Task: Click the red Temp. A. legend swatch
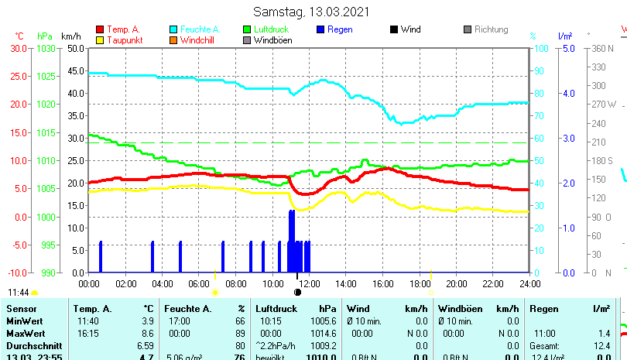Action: [100, 29]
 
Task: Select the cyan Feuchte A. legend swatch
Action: [174, 29]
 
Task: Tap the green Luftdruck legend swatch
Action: [248, 29]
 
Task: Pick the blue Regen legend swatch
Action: [321, 29]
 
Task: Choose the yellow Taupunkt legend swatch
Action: [100, 40]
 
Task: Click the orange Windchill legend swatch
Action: [174, 40]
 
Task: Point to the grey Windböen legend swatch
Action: [248, 40]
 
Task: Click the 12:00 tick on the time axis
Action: [309, 283]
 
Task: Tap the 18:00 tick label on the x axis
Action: [420, 283]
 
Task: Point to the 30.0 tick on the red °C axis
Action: [19, 48]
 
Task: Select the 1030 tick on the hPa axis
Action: [46, 48]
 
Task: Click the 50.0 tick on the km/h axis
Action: [75, 48]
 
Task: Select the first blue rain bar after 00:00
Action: [101, 256]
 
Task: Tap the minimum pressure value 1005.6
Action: [327, 321]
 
